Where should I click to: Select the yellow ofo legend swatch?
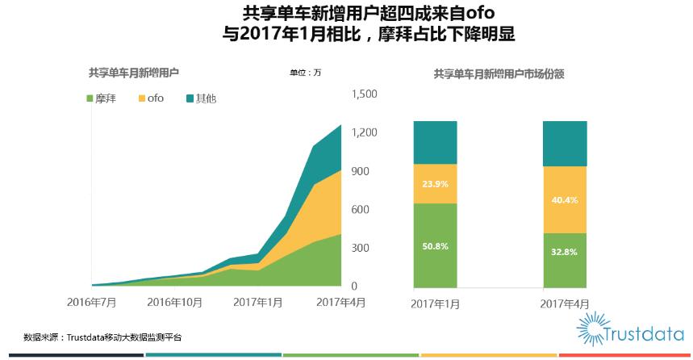(x=143, y=98)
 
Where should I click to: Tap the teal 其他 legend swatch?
(x=190, y=98)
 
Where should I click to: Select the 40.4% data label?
(x=564, y=200)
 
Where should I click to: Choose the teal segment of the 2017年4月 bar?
(x=564, y=144)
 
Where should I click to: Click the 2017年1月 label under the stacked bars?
(x=435, y=303)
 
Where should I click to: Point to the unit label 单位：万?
(x=306, y=73)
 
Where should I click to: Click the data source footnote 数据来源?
(x=102, y=337)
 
